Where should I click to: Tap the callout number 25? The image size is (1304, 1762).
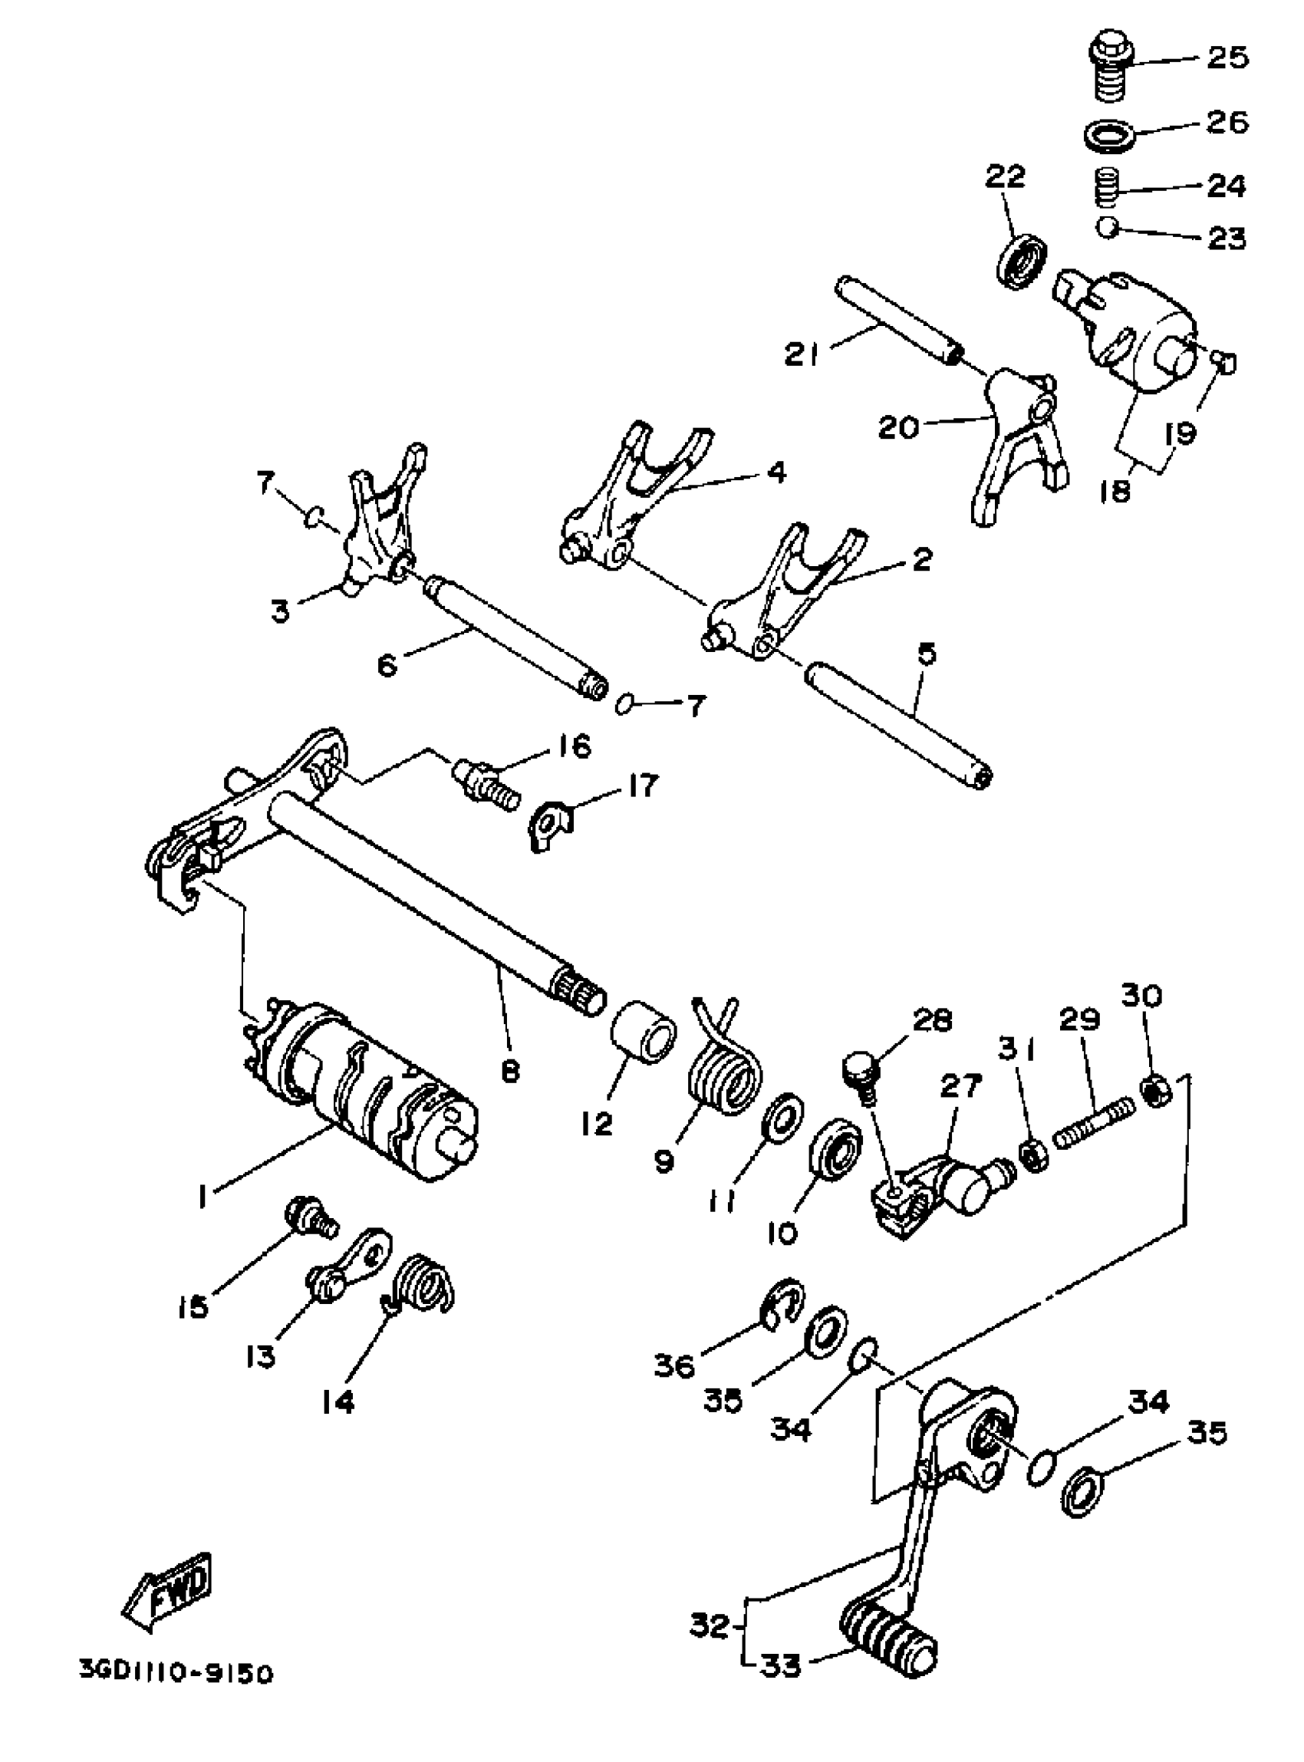coord(1227,57)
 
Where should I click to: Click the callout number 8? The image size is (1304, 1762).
coord(511,1072)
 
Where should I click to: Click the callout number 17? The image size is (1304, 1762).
coord(643,786)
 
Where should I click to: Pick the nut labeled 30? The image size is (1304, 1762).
coord(1157,1092)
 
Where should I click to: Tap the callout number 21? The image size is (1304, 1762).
coord(803,353)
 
